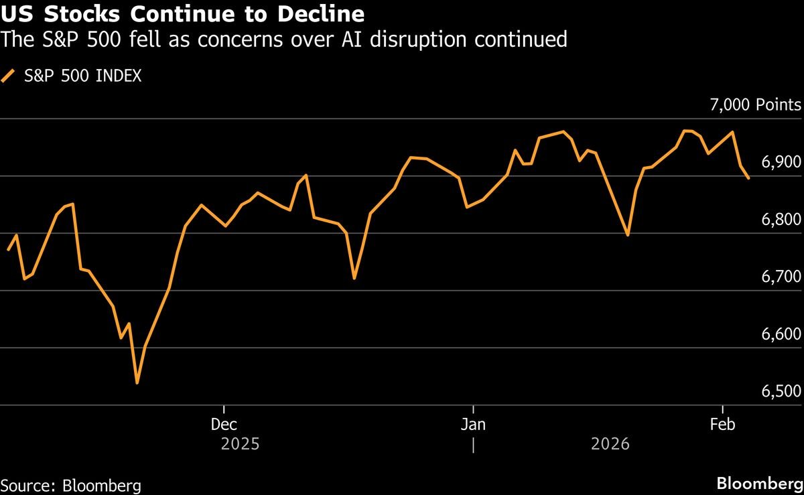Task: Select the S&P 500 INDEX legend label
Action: click(83, 76)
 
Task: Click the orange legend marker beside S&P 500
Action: click(9, 76)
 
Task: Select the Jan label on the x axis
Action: click(473, 425)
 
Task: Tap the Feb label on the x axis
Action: click(722, 425)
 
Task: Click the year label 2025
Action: click(239, 443)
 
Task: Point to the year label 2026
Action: click(610, 443)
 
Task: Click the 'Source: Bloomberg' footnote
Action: click(71, 485)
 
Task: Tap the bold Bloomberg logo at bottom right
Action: click(759, 484)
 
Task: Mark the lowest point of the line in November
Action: click(137, 383)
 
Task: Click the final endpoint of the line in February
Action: click(748, 178)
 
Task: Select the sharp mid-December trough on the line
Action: click(354, 278)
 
